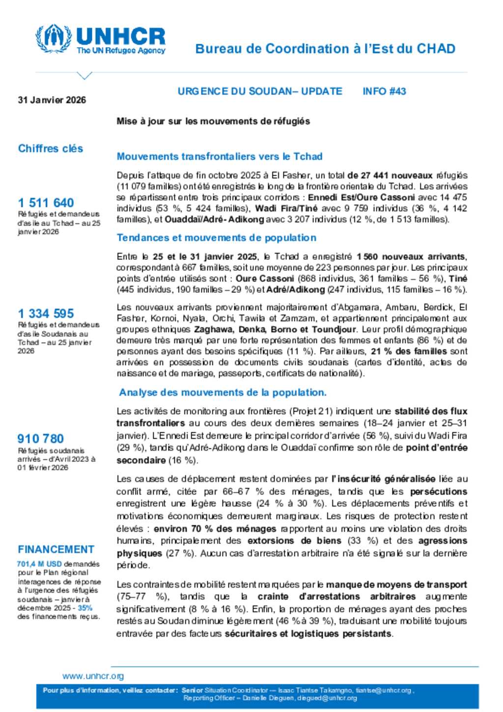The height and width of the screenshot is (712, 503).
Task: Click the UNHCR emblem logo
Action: click(54, 38)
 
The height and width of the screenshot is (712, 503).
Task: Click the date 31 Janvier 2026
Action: click(52, 100)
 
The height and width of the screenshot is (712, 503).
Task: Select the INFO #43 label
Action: click(384, 91)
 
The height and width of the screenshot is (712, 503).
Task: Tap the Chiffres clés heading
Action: click(51, 148)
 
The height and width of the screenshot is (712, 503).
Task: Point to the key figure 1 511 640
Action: click(46, 202)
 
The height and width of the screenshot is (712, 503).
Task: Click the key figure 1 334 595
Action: click(46, 313)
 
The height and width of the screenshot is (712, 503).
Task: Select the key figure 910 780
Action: click(41, 438)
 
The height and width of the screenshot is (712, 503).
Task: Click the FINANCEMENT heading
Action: click(56, 549)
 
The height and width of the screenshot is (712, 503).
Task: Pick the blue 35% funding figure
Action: click(84, 608)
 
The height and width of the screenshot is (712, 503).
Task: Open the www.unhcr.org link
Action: click(93, 676)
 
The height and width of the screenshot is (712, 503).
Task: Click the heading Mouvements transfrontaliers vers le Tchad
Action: click(220, 156)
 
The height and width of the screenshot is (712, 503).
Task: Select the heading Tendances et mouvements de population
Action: click(216, 238)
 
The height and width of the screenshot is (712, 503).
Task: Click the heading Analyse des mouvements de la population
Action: click(223, 393)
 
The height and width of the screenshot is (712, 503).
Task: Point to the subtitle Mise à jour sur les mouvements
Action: click(213, 121)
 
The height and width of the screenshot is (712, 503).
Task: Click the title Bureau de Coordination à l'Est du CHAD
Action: click(325, 49)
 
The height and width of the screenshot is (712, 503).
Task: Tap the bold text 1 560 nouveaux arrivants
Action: click(411, 256)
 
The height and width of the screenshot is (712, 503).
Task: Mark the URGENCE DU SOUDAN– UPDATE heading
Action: click(260, 91)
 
